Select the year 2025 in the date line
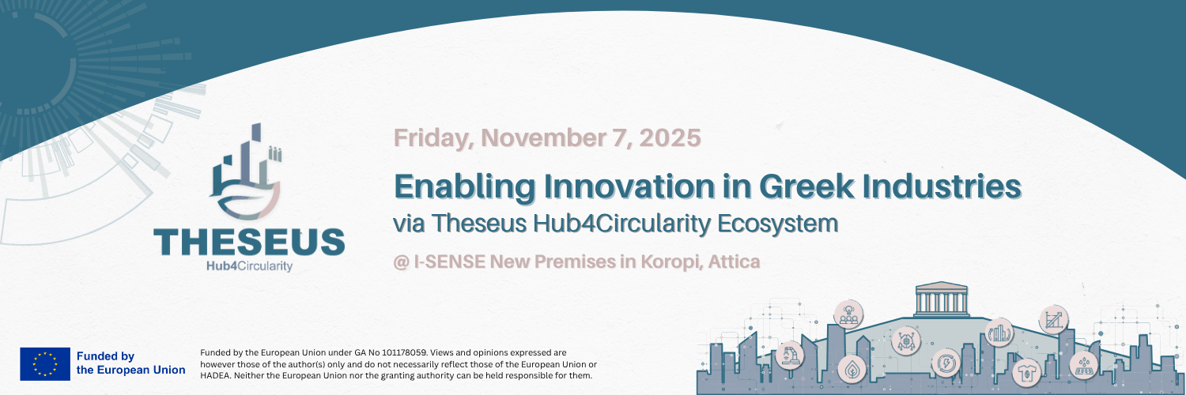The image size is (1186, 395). [670, 137]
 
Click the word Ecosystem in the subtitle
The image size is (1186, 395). [778, 224]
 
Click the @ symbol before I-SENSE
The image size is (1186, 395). [402, 262]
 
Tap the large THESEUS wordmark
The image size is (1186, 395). [249, 242]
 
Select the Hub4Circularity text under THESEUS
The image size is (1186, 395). [249, 265]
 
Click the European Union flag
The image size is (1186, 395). [45, 364]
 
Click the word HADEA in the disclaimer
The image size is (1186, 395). [214, 375]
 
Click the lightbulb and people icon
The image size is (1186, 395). [848, 314]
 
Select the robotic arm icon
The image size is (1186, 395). [789, 354]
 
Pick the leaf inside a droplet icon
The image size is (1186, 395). [852, 369]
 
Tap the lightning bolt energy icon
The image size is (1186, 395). [946, 363]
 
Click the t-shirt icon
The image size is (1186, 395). [1026, 373]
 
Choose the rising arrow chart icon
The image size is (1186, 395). [1054, 320]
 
